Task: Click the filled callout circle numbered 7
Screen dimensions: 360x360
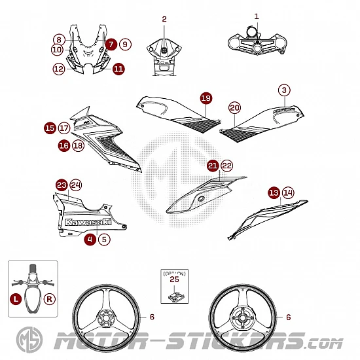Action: (111, 45)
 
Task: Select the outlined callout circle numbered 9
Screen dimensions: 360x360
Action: (125, 45)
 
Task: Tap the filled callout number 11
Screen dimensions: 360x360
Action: (118, 69)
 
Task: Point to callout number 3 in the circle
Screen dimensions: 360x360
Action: (284, 90)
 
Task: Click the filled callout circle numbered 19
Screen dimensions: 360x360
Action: (206, 98)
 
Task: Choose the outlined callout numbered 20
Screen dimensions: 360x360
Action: (234, 108)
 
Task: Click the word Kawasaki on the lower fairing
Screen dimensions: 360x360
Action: (88, 222)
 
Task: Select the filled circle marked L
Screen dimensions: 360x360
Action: (16, 299)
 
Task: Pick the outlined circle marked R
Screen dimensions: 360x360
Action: (49, 299)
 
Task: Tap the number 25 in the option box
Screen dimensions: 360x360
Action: (174, 279)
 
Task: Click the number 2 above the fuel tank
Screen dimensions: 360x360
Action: (164, 19)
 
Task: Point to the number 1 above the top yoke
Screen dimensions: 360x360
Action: (257, 16)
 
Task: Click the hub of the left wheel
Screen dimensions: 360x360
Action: (106, 318)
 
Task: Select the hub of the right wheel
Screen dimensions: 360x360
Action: (242, 317)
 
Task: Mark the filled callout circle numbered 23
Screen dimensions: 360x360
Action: (62, 185)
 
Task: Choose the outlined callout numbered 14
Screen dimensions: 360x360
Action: (288, 193)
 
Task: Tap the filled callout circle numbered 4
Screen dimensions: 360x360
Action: (90, 240)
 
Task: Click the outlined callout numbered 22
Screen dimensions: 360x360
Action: (227, 166)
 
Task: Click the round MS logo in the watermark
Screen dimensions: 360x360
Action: (29, 340)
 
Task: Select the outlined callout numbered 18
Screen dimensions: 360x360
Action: (79, 145)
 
